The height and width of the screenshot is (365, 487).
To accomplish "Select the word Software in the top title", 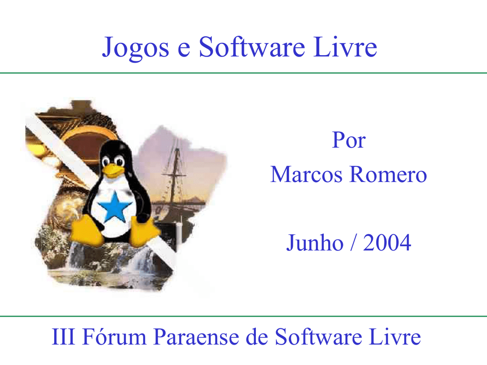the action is point(252,47).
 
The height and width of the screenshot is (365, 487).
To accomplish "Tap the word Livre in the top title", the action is point(345,47).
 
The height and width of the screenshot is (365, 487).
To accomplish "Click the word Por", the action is point(349,140).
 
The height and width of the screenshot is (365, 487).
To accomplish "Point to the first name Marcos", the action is point(306,174).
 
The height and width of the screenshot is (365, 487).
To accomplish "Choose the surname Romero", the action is point(388,174).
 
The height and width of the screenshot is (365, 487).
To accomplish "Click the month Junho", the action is point(315,243).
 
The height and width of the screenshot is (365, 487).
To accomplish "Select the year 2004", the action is point(387,243).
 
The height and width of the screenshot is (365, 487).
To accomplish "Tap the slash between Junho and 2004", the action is point(353,243).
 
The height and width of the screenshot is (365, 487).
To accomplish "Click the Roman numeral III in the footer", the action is point(64,337).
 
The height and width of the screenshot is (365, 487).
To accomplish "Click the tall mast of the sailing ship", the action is point(176,174).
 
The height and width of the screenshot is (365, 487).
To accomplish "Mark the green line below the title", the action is point(243,73).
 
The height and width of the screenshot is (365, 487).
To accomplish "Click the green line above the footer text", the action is point(243,317).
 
